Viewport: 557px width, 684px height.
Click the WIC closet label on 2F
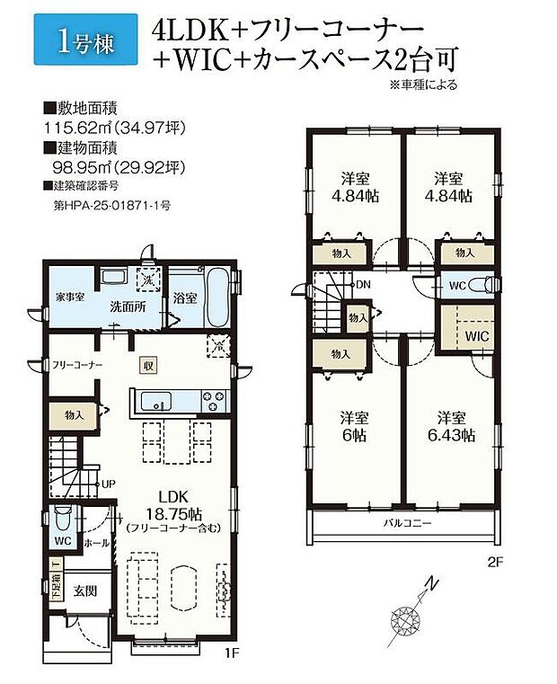pos(476,335)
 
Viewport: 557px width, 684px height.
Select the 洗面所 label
pos(125,306)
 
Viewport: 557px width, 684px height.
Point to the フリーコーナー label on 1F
pos(76,366)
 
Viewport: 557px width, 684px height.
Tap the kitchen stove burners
pos(215,398)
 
